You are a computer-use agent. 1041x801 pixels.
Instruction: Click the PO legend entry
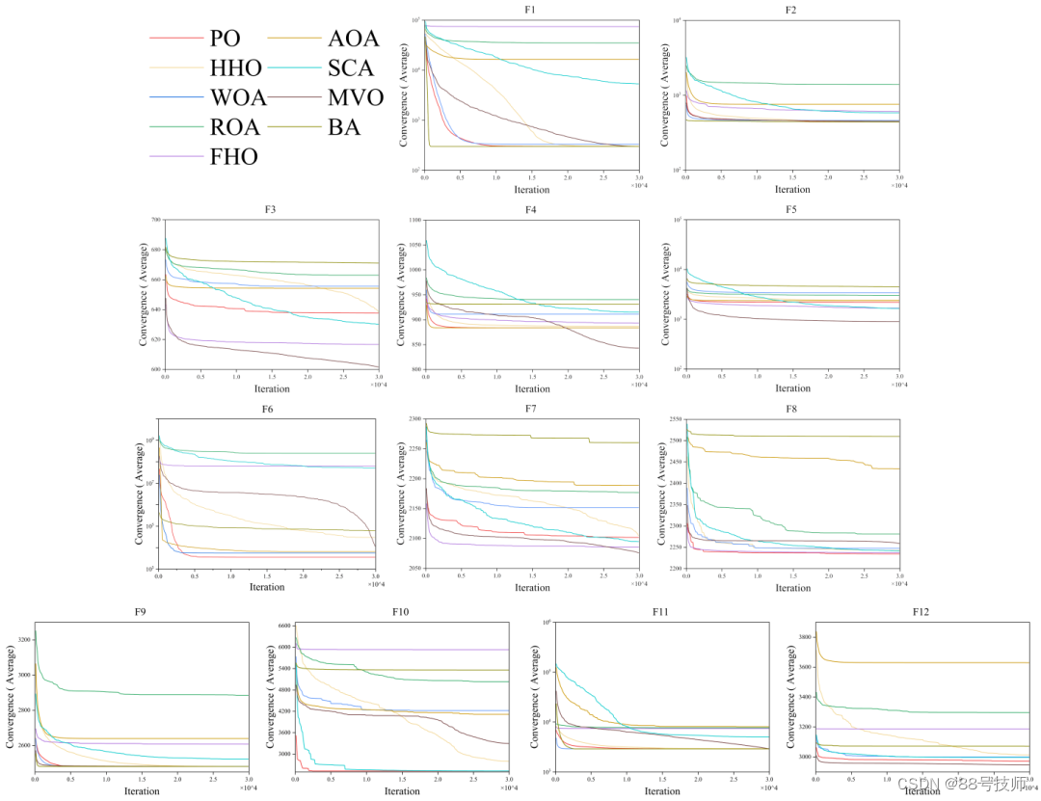pyautogui.click(x=225, y=39)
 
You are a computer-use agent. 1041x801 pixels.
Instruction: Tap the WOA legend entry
pyautogui.click(x=236, y=97)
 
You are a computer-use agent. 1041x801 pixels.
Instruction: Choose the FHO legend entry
pyautogui.click(x=233, y=156)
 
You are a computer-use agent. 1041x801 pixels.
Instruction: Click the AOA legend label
pyautogui.click(x=354, y=39)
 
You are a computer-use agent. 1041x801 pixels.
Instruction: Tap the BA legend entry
pyautogui.click(x=344, y=127)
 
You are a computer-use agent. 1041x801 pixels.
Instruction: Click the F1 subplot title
pyautogui.click(x=532, y=10)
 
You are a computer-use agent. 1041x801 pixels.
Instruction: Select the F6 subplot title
pyautogui.click(x=267, y=409)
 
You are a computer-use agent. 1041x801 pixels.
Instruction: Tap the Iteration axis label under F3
pyautogui.click(x=272, y=388)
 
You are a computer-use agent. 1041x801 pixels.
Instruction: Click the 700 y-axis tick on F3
pyautogui.click(x=155, y=221)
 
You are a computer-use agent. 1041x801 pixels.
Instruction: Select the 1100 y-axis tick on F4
pyautogui.click(x=414, y=221)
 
